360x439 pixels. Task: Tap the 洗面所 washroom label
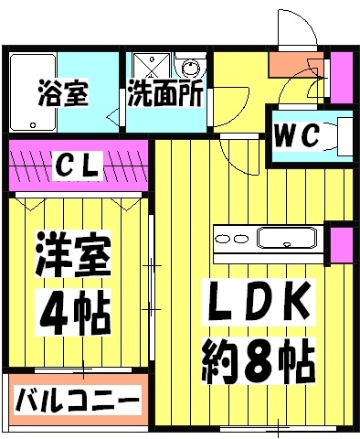165,94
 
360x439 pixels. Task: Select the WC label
297,137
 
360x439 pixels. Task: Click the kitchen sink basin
287,240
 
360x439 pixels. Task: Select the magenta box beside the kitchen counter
341,246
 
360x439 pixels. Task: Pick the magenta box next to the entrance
341,77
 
